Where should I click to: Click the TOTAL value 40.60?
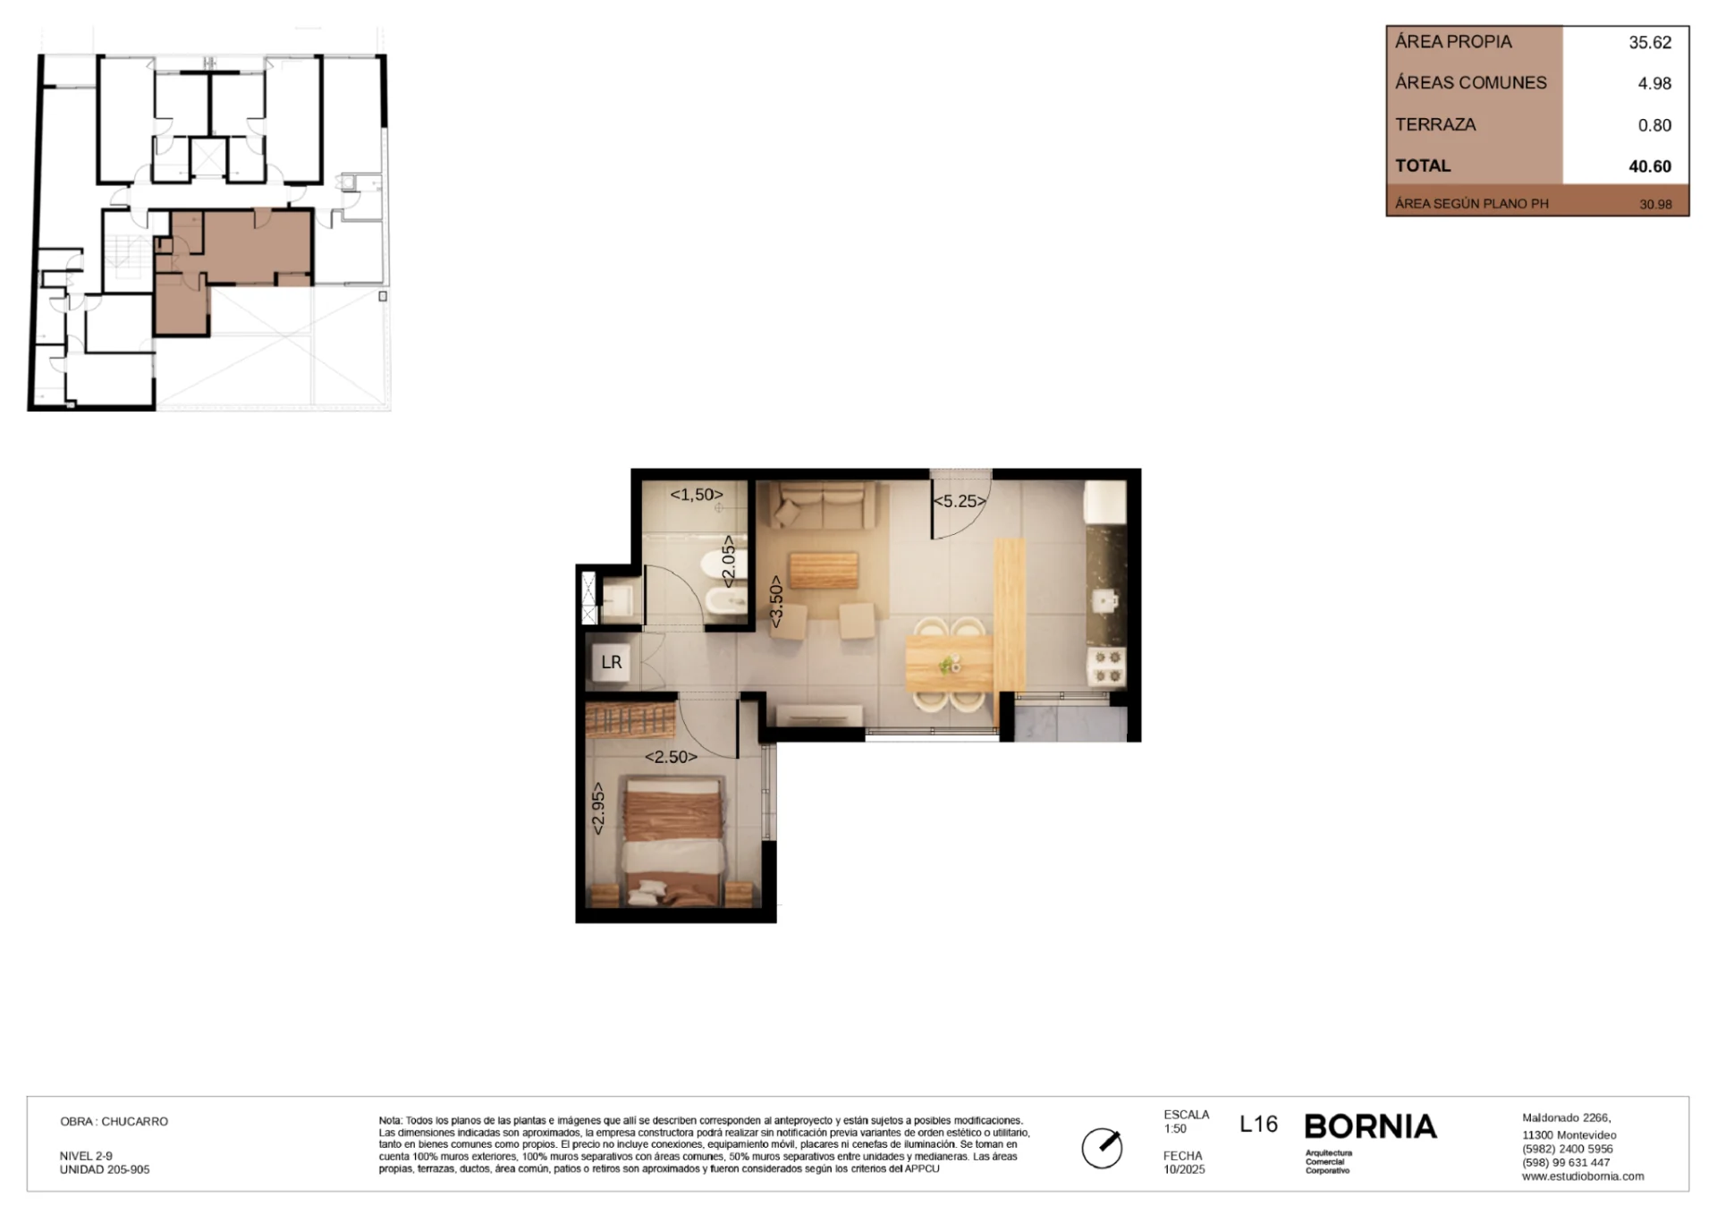click(1650, 166)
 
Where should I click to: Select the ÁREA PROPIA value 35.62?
click(1650, 42)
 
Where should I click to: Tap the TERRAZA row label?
click(1435, 124)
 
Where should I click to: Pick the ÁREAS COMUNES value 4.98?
click(1654, 83)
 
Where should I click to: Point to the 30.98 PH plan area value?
click(1655, 204)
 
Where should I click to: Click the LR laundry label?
click(612, 662)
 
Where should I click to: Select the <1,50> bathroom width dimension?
click(697, 495)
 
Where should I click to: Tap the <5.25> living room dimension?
click(960, 501)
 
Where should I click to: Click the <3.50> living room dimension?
click(776, 601)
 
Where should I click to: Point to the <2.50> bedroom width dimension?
click(671, 757)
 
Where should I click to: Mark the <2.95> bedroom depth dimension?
click(598, 809)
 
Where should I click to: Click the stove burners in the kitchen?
click(1107, 667)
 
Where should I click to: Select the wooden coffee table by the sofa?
click(824, 570)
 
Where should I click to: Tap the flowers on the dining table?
click(948, 665)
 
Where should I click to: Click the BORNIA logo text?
click(1371, 1126)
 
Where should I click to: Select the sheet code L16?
click(1258, 1125)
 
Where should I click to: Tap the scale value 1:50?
click(1175, 1129)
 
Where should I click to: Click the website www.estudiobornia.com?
click(1583, 1176)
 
